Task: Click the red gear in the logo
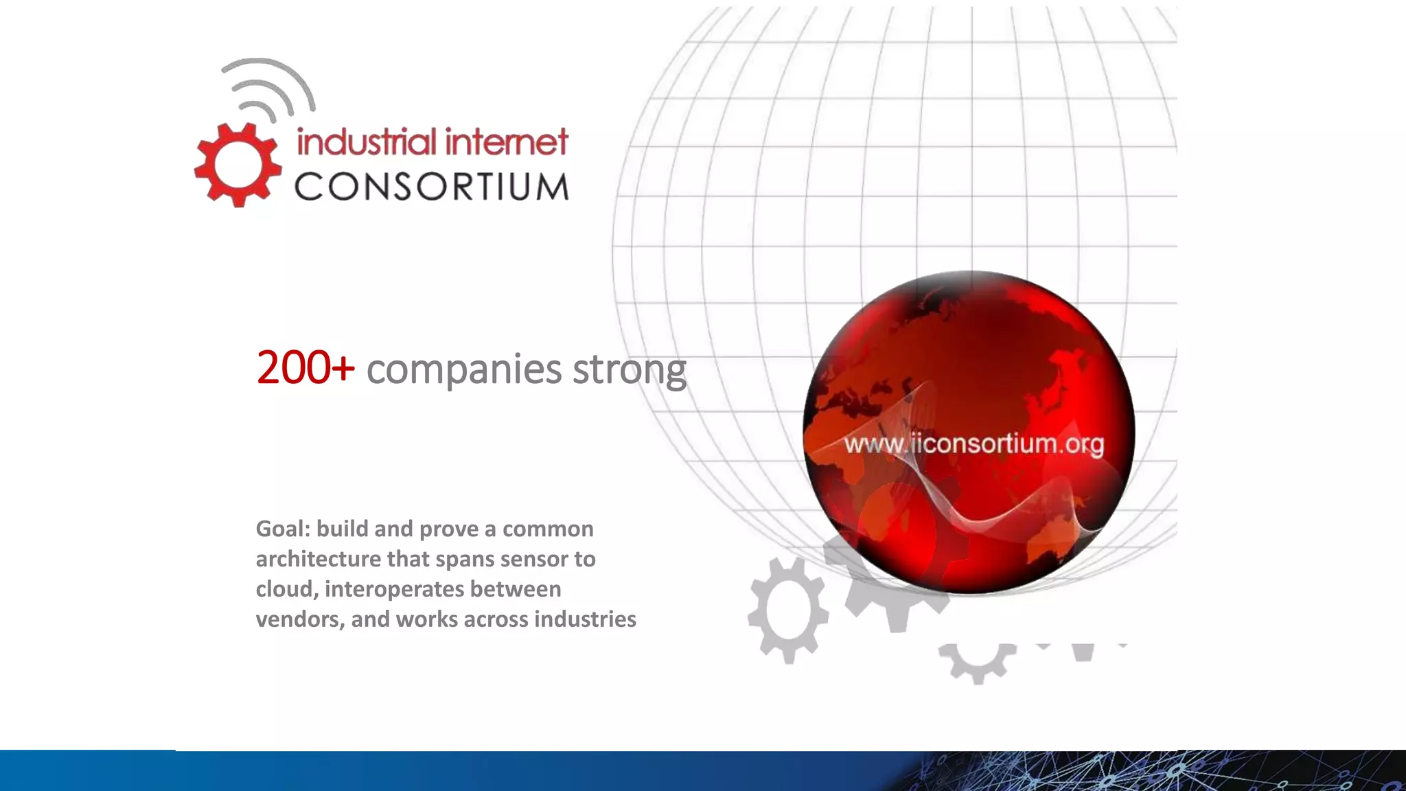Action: pos(238,165)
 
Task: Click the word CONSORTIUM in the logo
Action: pos(432,187)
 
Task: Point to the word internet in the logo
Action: pos(506,142)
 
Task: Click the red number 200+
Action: pos(306,368)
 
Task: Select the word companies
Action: pos(464,369)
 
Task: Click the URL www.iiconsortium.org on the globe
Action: pos(973,444)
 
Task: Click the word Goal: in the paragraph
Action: pos(284,529)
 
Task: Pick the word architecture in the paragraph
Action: pos(318,559)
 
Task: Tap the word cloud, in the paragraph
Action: pos(286,590)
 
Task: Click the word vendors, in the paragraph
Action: pos(299,619)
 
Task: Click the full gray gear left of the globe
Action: pos(788,610)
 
